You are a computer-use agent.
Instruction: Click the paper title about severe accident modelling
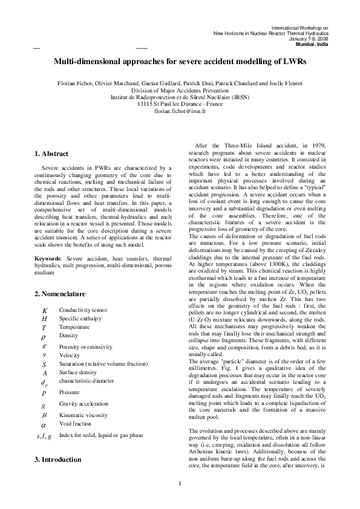pyautogui.click(x=180, y=62)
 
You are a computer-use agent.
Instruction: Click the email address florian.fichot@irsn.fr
pyautogui.click(x=180, y=111)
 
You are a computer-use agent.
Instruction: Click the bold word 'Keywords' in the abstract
pyautogui.click(x=47, y=259)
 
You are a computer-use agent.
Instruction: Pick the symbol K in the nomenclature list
pyautogui.click(x=44, y=310)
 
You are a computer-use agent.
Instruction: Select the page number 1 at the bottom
pyautogui.click(x=180, y=500)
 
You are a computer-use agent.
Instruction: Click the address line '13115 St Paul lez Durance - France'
pyautogui.click(x=180, y=104)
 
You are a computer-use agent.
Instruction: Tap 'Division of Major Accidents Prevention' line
pyautogui.click(x=180, y=89)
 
